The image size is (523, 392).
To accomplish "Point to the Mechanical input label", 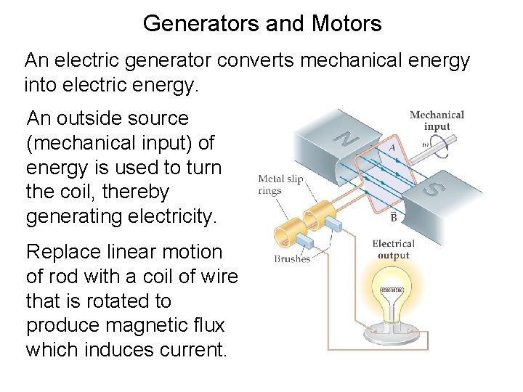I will click(437, 121).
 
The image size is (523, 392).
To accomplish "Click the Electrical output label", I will click(393, 249).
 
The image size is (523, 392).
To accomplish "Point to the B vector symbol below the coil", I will click(392, 216).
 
